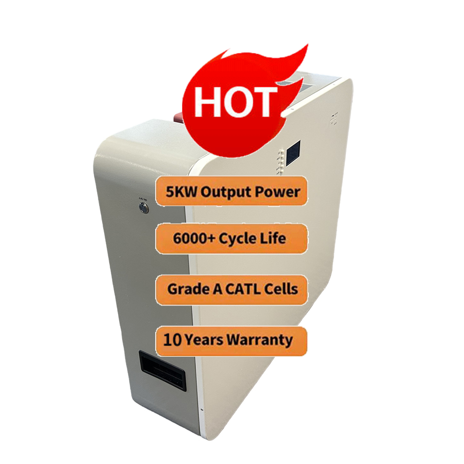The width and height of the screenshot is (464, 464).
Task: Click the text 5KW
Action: coord(181,192)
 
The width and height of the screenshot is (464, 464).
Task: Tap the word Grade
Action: coord(184,288)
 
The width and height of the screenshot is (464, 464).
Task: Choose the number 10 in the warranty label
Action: coord(171,340)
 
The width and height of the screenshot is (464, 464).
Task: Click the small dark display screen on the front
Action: coord(292,154)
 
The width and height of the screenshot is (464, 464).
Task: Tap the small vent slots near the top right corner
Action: coord(334,118)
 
